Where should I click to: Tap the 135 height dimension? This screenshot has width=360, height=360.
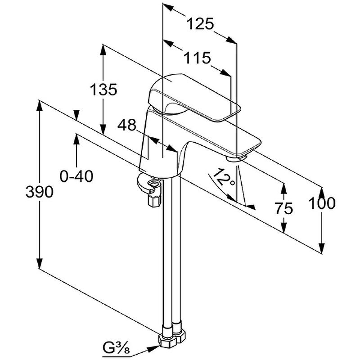click(x=103, y=90)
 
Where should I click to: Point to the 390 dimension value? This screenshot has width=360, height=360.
click(x=40, y=192)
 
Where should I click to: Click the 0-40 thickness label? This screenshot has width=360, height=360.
click(x=76, y=176)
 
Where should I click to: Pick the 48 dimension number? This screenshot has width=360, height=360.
click(x=127, y=126)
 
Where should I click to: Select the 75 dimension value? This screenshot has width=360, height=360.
click(x=283, y=208)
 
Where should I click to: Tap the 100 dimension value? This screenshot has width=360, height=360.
click(x=322, y=203)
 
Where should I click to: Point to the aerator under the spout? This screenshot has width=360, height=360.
click(x=237, y=157)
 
